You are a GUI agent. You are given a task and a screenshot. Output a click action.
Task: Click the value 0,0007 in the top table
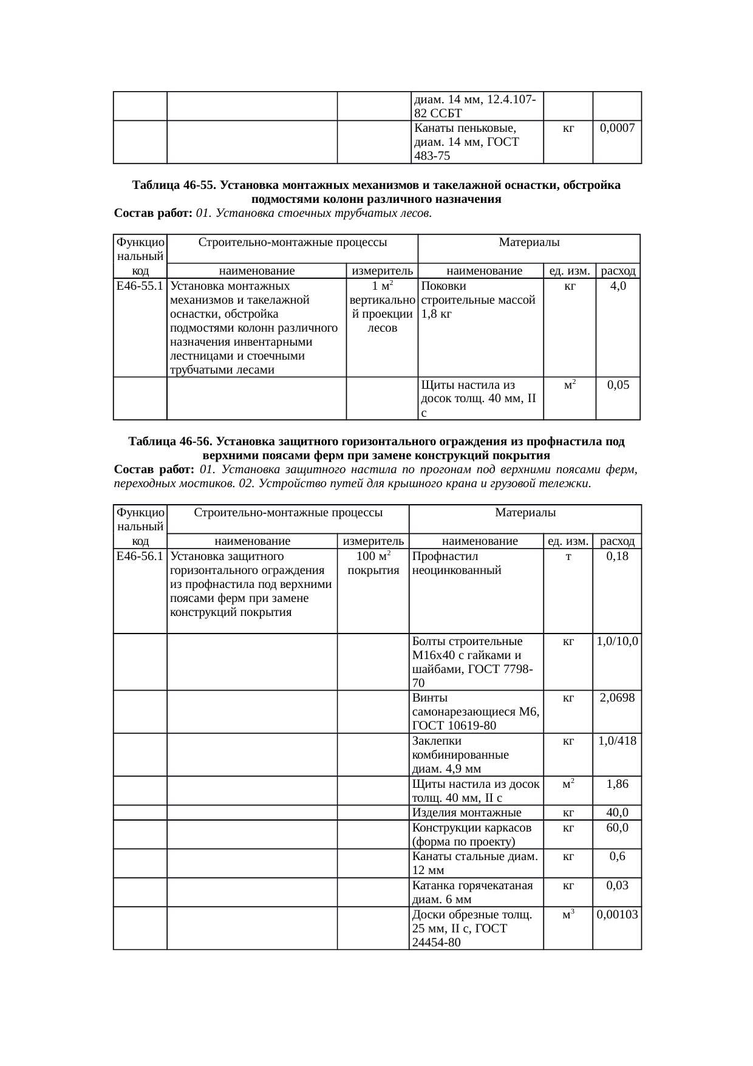(617, 128)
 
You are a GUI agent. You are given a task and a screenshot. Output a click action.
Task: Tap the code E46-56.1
(140, 556)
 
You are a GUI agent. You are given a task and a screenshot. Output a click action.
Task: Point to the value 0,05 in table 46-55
(618, 385)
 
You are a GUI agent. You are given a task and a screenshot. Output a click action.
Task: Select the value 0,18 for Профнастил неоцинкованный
(617, 556)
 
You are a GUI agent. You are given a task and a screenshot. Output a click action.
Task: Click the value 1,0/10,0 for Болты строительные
(617, 641)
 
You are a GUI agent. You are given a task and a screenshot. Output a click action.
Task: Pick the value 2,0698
(617, 698)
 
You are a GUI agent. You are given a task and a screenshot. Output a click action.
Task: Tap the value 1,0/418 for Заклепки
(617, 741)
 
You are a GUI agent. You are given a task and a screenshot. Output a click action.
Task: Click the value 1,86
(617, 784)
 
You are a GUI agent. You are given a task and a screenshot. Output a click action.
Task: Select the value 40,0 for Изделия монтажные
(617, 813)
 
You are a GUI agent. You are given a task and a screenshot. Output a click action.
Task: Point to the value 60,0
(617, 828)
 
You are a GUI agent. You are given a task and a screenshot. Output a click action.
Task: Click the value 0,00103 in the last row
(617, 914)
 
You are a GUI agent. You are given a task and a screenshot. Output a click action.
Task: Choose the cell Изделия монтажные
(466, 813)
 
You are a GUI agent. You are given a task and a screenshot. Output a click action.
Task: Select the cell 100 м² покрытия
(373, 563)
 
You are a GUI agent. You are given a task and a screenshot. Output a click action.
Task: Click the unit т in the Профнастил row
(568, 556)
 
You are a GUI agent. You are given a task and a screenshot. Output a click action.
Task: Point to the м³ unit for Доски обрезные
(568, 914)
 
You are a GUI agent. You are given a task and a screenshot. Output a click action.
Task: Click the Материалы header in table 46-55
(529, 243)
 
